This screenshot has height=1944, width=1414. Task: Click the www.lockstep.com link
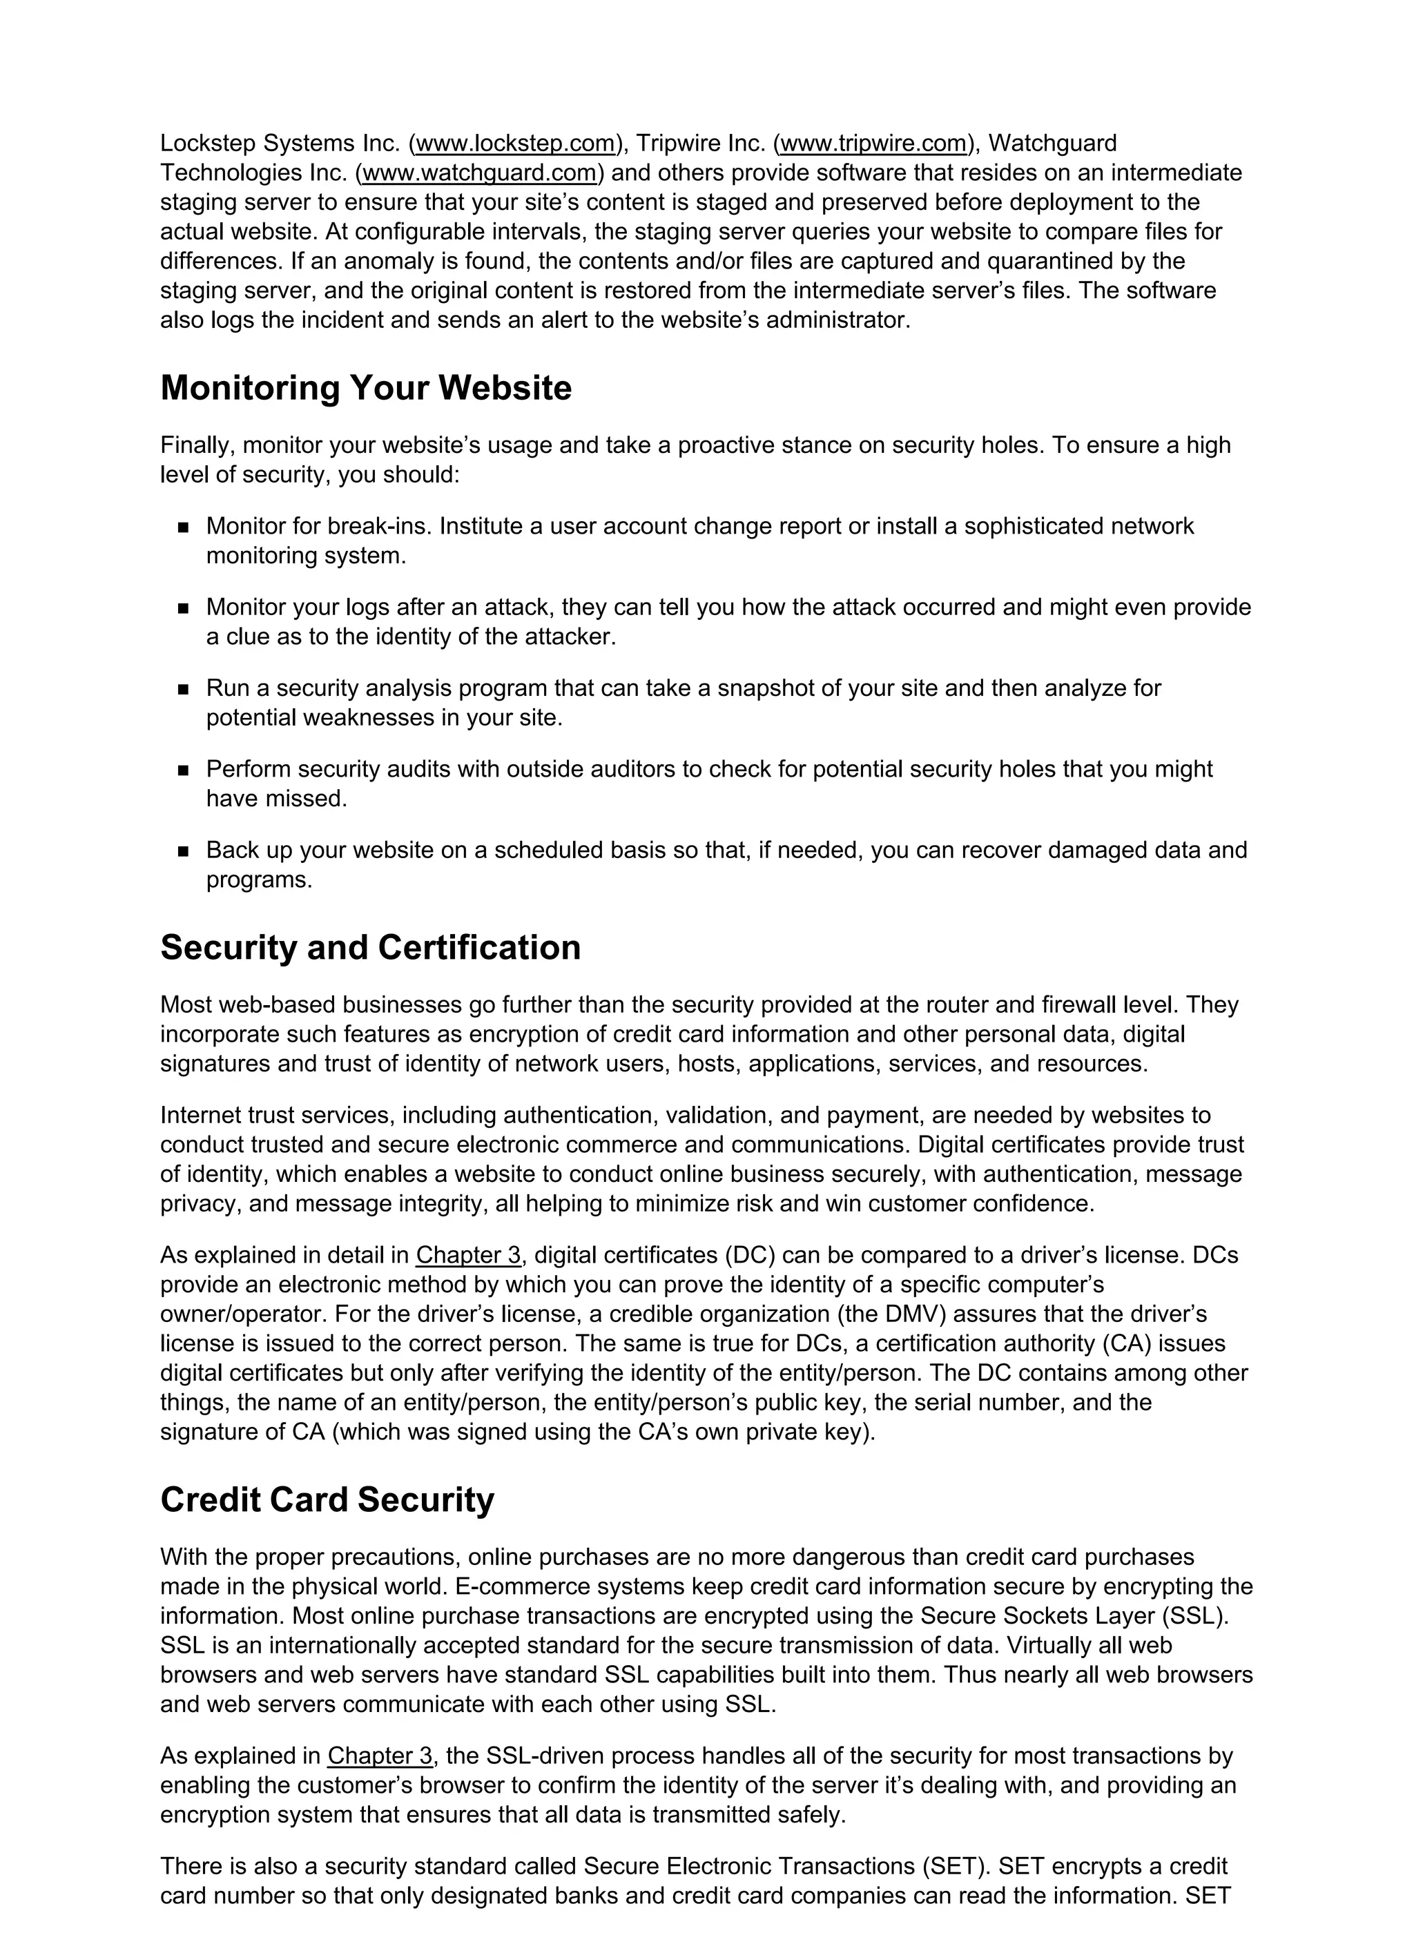[514, 143]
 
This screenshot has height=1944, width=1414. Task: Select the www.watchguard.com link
[479, 173]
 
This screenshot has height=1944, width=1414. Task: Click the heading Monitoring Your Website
[365, 387]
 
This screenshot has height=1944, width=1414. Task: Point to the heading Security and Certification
[371, 947]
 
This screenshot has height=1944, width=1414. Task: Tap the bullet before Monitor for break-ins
[183, 528]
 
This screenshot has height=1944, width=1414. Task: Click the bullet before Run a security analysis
[183, 689]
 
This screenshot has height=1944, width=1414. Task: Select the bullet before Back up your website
[183, 851]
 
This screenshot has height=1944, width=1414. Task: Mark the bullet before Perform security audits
[183, 770]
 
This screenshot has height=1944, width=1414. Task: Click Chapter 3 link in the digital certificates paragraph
[468, 1255]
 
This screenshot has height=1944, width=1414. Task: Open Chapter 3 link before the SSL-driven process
[380, 1756]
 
